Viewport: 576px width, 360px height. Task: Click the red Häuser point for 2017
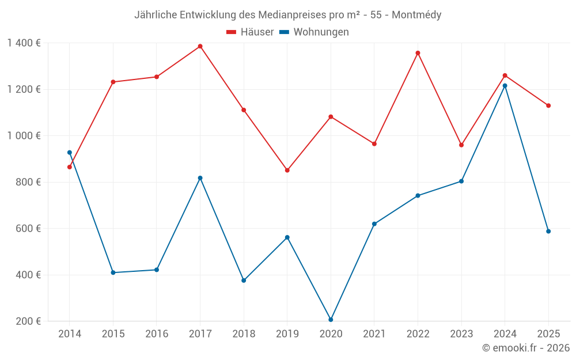point(200,46)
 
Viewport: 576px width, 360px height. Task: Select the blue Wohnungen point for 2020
point(331,320)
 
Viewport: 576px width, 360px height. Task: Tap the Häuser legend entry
point(250,32)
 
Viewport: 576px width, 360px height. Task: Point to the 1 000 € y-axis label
point(24,136)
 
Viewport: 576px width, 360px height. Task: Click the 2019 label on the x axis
point(287,334)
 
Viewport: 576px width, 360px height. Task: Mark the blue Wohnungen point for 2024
point(505,86)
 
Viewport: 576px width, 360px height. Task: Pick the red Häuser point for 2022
point(418,53)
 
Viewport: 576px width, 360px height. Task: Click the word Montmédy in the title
point(416,15)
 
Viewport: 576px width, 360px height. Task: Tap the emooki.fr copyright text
point(526,348)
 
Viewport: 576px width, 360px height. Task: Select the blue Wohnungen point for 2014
point(70,153)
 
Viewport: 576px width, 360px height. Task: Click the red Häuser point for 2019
point(287,170)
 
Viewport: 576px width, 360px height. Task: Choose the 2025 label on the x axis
point(548,334)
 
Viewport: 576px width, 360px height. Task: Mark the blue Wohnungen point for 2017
point(200,178)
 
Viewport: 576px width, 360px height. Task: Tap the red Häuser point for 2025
point(548,105)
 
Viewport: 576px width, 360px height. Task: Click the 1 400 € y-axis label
point(24,43)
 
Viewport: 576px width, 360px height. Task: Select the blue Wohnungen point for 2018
point(244,281)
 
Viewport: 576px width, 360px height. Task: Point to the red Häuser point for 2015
point(113,82)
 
